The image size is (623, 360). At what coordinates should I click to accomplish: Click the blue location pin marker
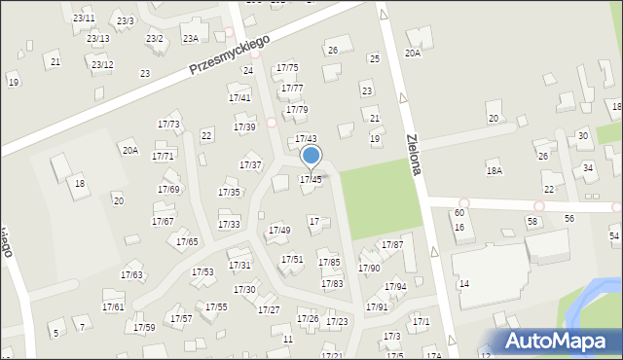click(x=311, y=157)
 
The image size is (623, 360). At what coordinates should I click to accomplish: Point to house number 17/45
click(x=311, y=179)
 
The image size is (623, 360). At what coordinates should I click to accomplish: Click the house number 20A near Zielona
click(x=413, y=54)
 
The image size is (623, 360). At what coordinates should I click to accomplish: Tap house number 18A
click(x=495, y=170)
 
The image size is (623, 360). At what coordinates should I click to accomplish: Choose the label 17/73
click(x=168, y=125)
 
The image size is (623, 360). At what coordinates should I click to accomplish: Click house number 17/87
click(x=392, y=244)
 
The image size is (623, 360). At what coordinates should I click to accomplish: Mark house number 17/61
click(x=113, y=307)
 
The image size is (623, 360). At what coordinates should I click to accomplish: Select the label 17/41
click(x=239, y=98)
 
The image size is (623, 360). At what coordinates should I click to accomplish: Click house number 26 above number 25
click(x=332, y=50)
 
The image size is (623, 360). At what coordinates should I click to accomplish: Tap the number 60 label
click(x=458, y=212)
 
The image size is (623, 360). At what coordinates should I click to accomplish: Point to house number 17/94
click(x=395, y=287)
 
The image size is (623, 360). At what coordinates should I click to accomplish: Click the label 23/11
click(x=84, y=18)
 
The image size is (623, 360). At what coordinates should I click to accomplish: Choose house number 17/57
click(x=181, y=318)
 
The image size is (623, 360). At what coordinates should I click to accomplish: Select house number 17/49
click(x=279, y=231)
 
